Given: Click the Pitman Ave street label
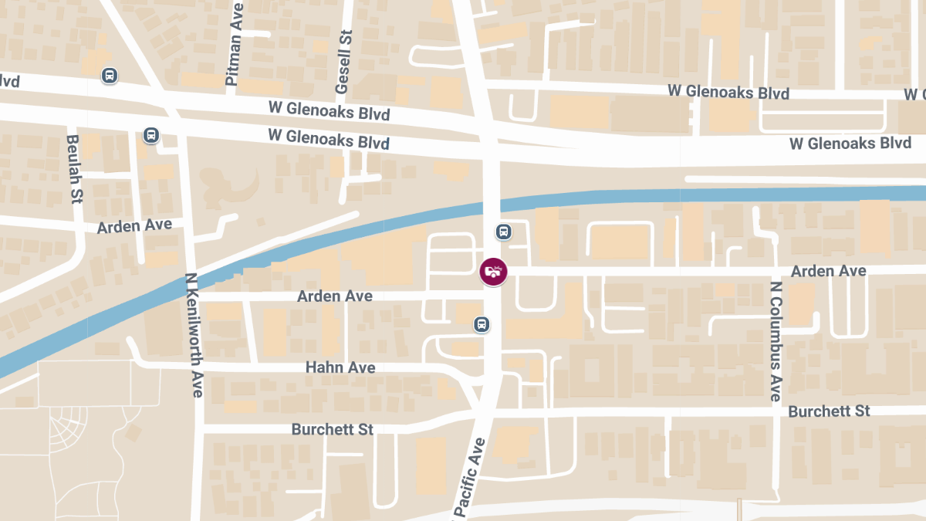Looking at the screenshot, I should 235,45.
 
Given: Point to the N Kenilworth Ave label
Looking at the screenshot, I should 194,335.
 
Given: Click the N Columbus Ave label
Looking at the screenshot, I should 776,340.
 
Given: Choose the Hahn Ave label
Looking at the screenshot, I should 340,367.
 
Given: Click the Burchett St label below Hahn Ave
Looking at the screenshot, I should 333,428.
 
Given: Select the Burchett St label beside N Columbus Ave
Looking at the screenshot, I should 829,411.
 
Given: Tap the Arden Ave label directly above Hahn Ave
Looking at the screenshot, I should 335,296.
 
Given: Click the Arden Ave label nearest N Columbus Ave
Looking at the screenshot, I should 829,271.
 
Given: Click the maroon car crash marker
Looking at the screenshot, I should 493,272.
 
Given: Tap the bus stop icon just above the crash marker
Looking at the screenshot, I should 503,231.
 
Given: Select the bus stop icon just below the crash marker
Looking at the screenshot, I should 482,324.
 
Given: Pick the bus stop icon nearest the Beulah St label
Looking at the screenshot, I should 150,135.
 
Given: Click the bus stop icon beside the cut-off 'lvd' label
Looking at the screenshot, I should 110,76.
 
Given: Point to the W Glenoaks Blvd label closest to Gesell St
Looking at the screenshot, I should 329,110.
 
